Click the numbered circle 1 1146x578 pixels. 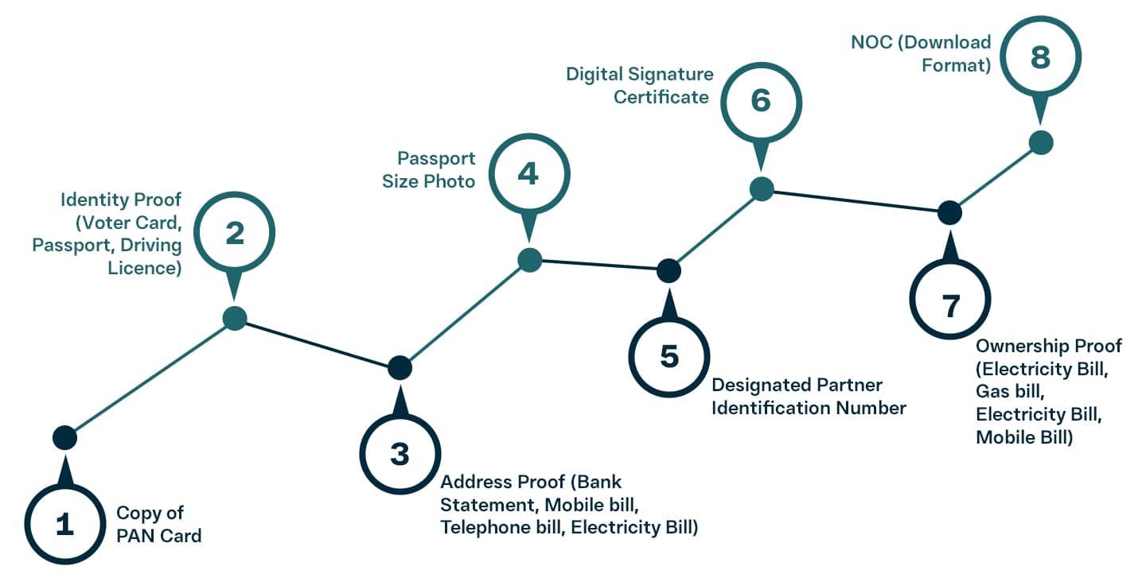tap(64, 525)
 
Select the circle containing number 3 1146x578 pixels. tap(400, 455)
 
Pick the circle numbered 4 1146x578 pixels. tap(528, 173)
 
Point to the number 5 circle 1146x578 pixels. tap(669, 357)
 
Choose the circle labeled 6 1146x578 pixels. tap(761, 103)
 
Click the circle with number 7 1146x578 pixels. tap(950, 305)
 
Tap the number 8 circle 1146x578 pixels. tap(1040, 57)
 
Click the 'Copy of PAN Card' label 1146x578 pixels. tap(159, 524)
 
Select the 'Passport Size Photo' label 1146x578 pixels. tap(429, 169)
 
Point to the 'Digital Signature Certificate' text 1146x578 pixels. tap(639, 85)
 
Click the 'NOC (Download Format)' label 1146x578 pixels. tap(920, 53)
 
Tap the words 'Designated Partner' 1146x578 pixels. tap(797, 386)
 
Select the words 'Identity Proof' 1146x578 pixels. tap(121, 199)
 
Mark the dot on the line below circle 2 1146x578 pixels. tap(235, 318)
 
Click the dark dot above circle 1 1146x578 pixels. tap(64, 436)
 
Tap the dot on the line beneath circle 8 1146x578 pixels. tap(1041, 143)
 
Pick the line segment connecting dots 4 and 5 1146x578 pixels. tap(598, 266)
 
